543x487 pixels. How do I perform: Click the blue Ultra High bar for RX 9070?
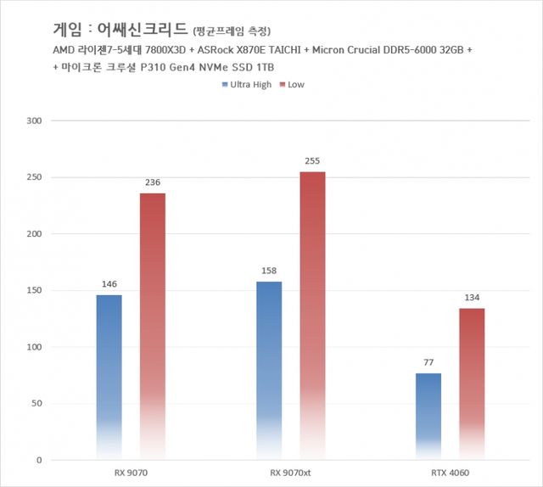tap(109, 377)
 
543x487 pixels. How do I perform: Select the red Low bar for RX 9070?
tap(153, 327)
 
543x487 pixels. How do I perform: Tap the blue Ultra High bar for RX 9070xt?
tap(269, 371)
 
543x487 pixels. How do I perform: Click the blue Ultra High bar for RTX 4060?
tap(428, 416)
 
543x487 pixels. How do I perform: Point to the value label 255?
tap(312, 160)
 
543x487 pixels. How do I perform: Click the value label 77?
tap(428, 362)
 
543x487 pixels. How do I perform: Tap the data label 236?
tap(153, 182)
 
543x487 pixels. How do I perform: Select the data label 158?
tap(269, 271)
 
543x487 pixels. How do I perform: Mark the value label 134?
tap(472, 297)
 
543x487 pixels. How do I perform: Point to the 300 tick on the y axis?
tap(35, 120)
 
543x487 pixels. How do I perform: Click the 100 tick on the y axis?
tap(35, 347)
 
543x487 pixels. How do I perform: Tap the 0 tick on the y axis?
tap(39, 460)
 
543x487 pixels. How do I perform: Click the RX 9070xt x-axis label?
tap(290, 473)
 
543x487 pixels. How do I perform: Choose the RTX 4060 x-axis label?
tap(450, 473)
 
